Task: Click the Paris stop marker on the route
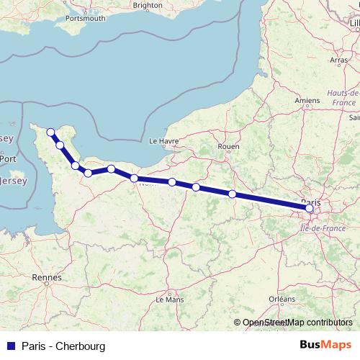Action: click(x=310, y=208)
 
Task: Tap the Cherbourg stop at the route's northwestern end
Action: click(x=50, y=132)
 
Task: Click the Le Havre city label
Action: click(x=163, y=142)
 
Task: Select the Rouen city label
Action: click(x=228, y=146)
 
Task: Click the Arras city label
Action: click(x=338, y=60)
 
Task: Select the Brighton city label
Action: click(x=148, y=5)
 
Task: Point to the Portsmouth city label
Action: click(x=86, y=18)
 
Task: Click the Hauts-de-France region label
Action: click(x=343, y=99)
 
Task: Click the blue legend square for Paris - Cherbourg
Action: click(x=10, y=346)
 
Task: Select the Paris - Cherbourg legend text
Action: click(x=63, y=346)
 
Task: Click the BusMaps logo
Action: click(x=325, y=346)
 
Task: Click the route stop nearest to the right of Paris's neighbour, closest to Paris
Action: click(x=232, y=194)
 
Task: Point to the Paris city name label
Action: click(x=310, y=202)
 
